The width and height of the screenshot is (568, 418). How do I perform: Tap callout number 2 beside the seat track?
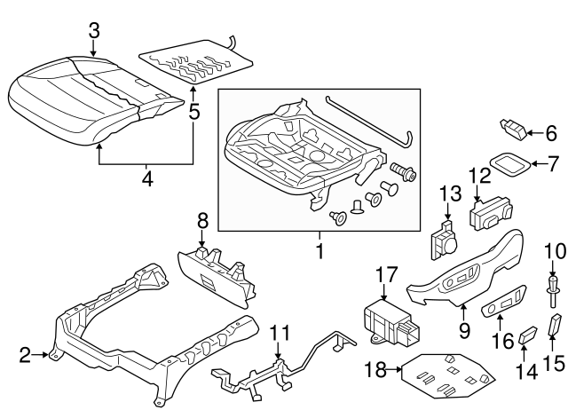tap(25, 355)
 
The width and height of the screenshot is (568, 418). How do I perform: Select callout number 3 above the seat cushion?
tap(95, 31)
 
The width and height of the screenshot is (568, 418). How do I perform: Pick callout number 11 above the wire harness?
tap(280, 335)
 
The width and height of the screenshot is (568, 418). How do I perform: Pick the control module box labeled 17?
tap(383, 320)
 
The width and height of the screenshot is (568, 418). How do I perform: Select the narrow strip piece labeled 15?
tap(556, 326)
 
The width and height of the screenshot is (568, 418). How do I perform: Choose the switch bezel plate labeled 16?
tap(502, 307)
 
